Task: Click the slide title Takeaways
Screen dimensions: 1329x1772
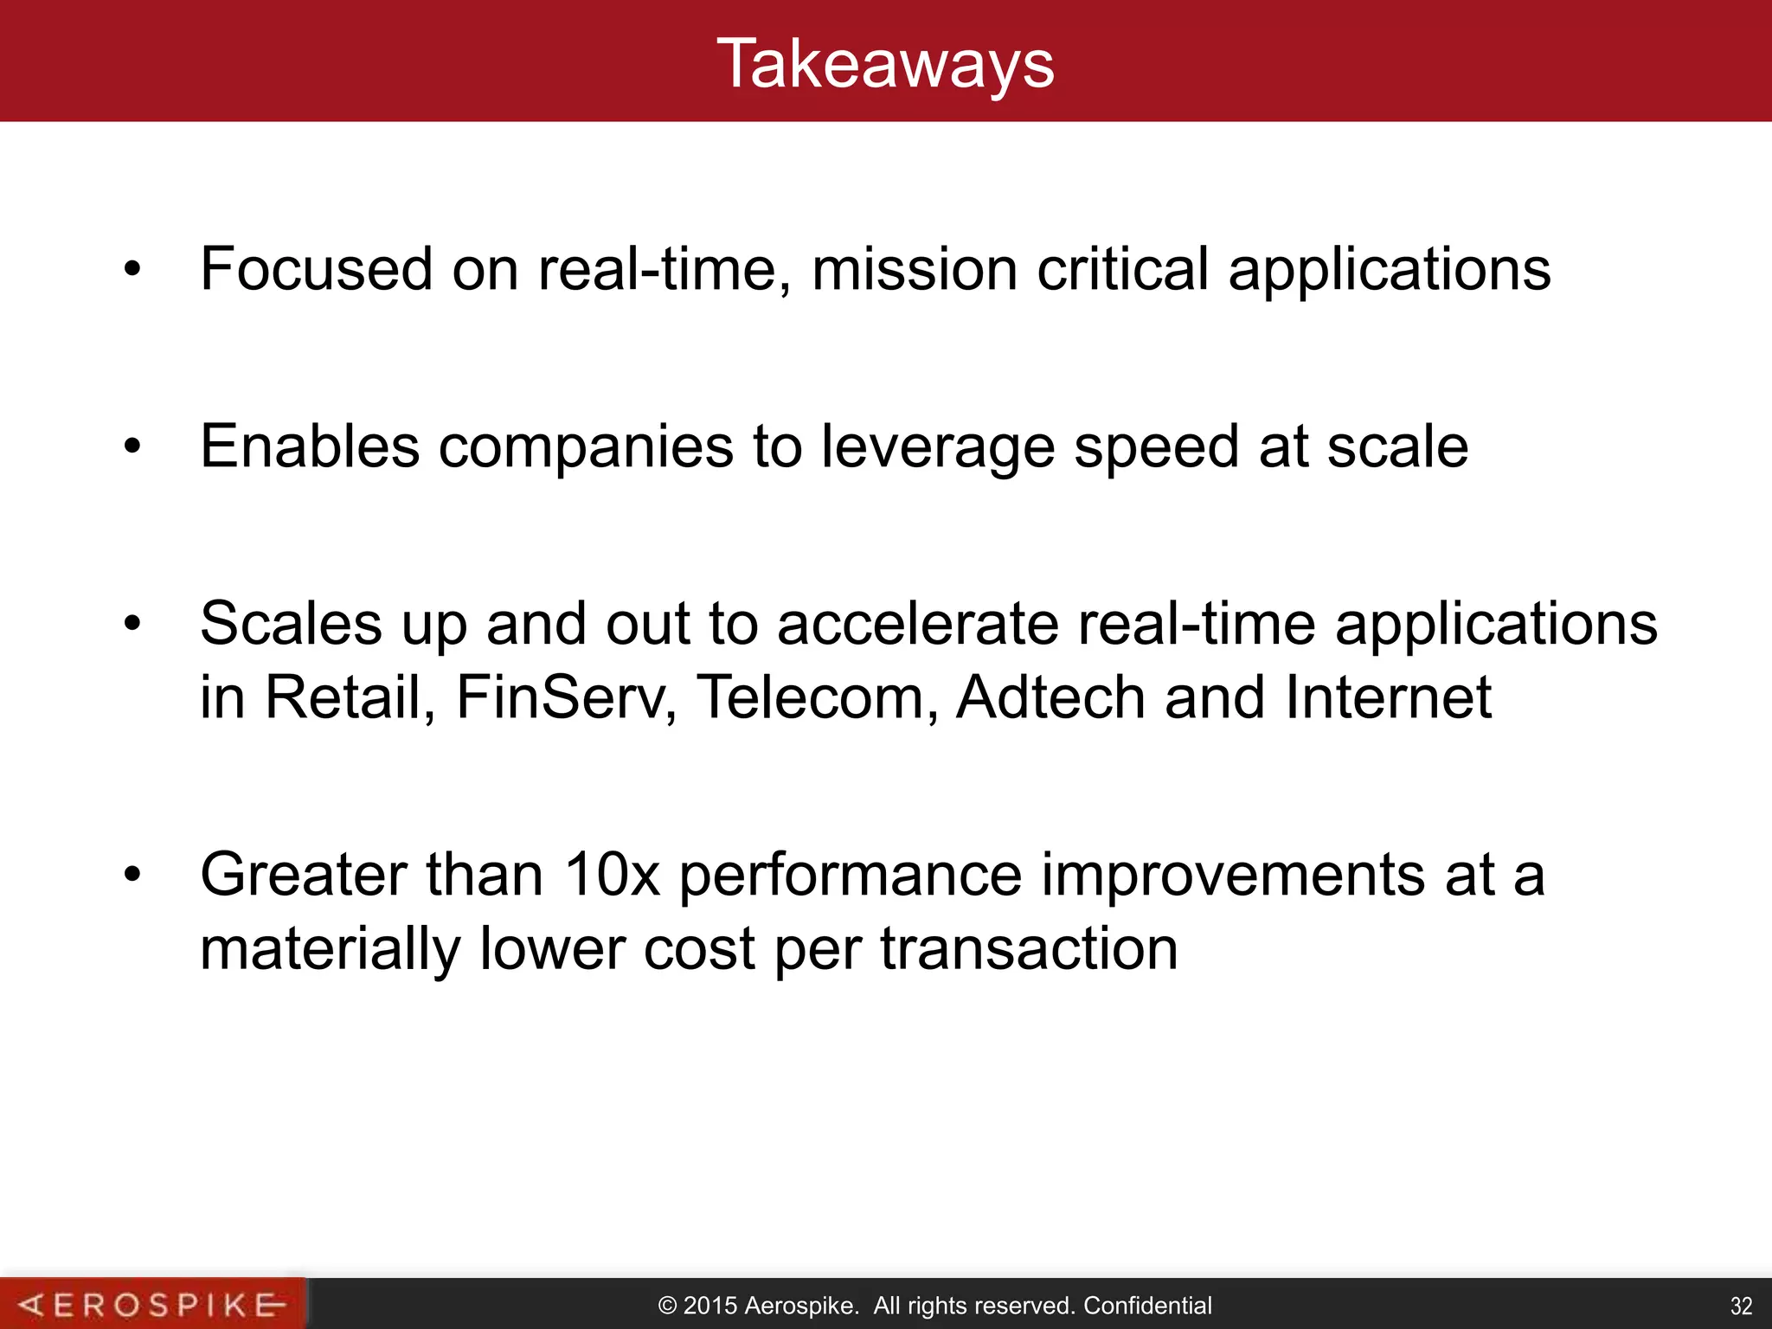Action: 885,64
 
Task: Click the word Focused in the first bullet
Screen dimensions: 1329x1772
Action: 316,269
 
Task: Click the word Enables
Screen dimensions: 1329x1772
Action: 310,447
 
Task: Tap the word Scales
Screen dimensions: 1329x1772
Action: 291,624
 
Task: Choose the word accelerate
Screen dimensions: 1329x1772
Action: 917,624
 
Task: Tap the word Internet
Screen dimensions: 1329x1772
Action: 1388,697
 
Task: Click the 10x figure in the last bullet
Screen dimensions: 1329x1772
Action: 612,875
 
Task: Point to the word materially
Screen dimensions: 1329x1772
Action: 330,949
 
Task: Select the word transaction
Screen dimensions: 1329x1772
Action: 1029,949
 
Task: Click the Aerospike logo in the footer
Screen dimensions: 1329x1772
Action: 152,1304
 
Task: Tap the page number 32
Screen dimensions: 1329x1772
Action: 1741,1306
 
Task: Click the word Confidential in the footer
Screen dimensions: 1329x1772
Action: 1147,1305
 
